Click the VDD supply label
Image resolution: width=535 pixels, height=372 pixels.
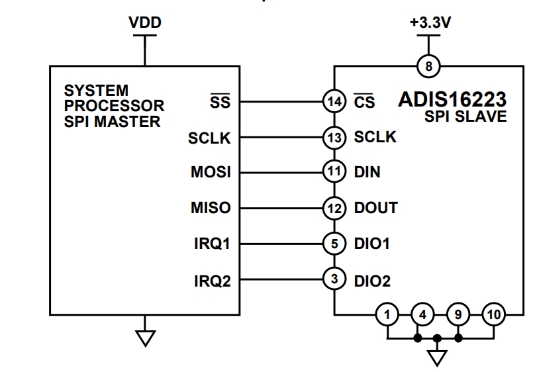point(145,23)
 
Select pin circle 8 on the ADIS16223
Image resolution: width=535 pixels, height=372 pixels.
point(429,66)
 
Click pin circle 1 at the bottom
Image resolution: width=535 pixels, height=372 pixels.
point(387,314)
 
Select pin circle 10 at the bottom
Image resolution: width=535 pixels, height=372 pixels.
point(493,314)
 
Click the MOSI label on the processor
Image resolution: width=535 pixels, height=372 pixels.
point(211,173)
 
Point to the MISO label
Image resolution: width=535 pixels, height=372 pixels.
point(211,209)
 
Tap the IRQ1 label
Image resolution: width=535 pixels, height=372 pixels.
point(212,244)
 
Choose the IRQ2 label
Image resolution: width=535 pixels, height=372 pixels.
point(212,281)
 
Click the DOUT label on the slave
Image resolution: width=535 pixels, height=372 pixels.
point(375,209)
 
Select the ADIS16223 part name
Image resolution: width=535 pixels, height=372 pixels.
point(452,101)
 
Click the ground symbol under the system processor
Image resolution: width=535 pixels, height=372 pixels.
point(145,338)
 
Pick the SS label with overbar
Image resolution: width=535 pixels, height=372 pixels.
point(220,102)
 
